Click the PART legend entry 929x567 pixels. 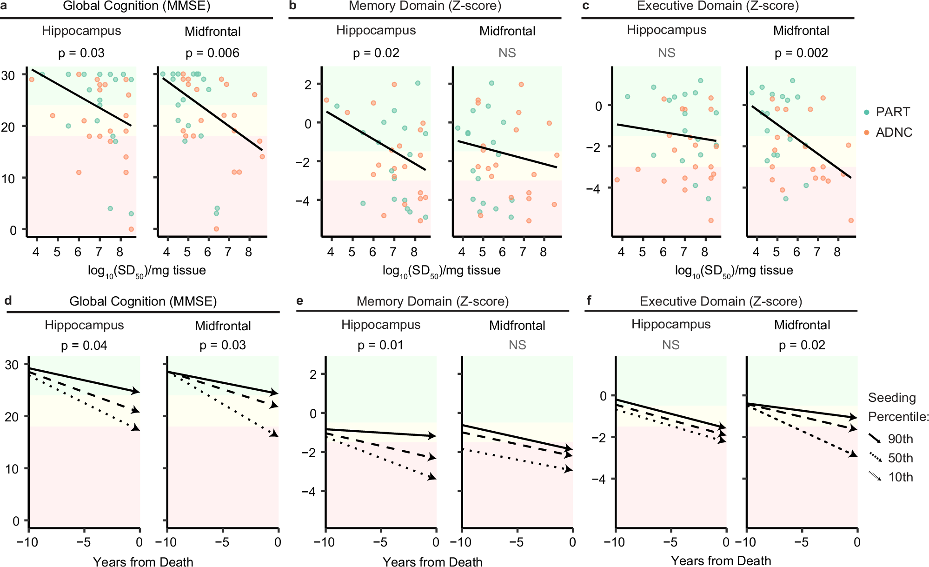892,112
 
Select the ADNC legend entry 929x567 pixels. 893,133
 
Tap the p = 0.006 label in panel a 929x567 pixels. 212,53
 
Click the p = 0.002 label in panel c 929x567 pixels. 801,53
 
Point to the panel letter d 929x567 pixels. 8,300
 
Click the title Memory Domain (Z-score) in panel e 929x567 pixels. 432,301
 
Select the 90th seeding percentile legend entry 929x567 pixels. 900,439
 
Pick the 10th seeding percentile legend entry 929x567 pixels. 900,477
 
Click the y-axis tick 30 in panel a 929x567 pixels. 8,75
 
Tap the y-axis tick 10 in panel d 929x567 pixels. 12,469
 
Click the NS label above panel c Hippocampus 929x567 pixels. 666,53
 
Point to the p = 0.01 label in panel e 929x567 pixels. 380,345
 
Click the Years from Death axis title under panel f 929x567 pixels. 721,561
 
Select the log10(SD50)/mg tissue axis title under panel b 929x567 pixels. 441,271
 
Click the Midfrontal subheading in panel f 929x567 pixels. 802,325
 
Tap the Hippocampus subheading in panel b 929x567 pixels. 376,31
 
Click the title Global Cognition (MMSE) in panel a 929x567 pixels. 137,7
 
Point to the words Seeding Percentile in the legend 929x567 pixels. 897,407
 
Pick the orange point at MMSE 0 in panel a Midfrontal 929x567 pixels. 216,229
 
